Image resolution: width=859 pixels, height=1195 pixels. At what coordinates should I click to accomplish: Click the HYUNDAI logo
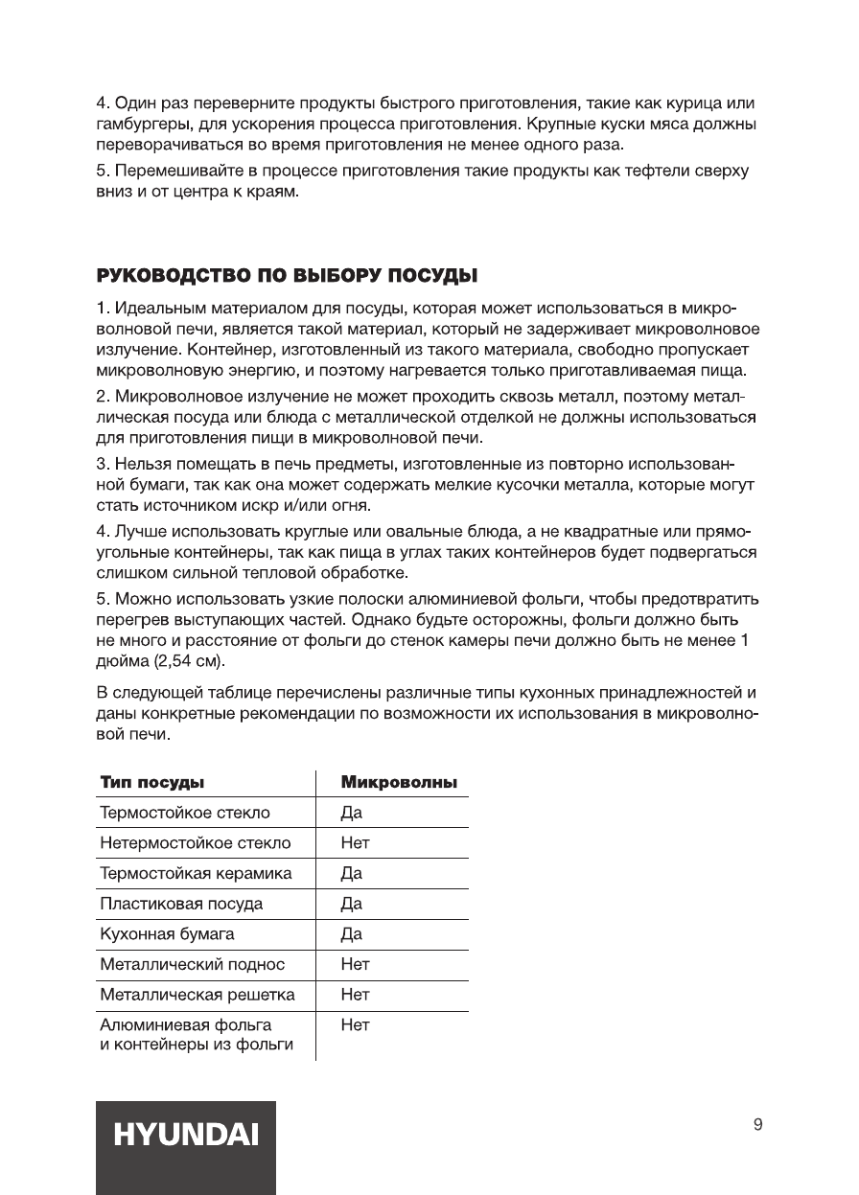tap(186, 1136)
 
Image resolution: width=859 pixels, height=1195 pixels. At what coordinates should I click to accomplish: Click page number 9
tap(758, 1125)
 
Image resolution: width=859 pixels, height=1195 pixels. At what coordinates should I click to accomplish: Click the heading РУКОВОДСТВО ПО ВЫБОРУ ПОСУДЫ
tap(288, 277)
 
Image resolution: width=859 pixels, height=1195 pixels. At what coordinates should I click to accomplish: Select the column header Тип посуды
tap(151, 783)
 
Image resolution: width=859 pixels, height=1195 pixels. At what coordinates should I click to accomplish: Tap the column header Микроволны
tap(399, 783)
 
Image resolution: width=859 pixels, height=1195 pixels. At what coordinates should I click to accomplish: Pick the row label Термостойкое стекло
tap(185, 813)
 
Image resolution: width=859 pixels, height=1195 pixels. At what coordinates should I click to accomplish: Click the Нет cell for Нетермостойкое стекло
tap(355, 843)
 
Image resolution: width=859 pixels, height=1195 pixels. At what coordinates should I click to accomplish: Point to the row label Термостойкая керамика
tap(196, 874)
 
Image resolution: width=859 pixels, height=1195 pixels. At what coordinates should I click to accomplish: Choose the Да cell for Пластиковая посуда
tap(351, 904)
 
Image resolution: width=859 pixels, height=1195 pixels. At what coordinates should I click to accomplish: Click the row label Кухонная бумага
tap(167, 934)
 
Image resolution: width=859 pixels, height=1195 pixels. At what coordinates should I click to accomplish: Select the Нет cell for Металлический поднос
tap(355, 964)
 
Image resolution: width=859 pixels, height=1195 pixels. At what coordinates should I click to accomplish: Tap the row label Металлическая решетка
tap(197, 995)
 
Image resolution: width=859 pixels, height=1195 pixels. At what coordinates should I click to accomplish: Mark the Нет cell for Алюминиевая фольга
tap(355, 1025)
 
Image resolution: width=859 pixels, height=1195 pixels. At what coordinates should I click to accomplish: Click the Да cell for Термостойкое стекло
tap(351, 813)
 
